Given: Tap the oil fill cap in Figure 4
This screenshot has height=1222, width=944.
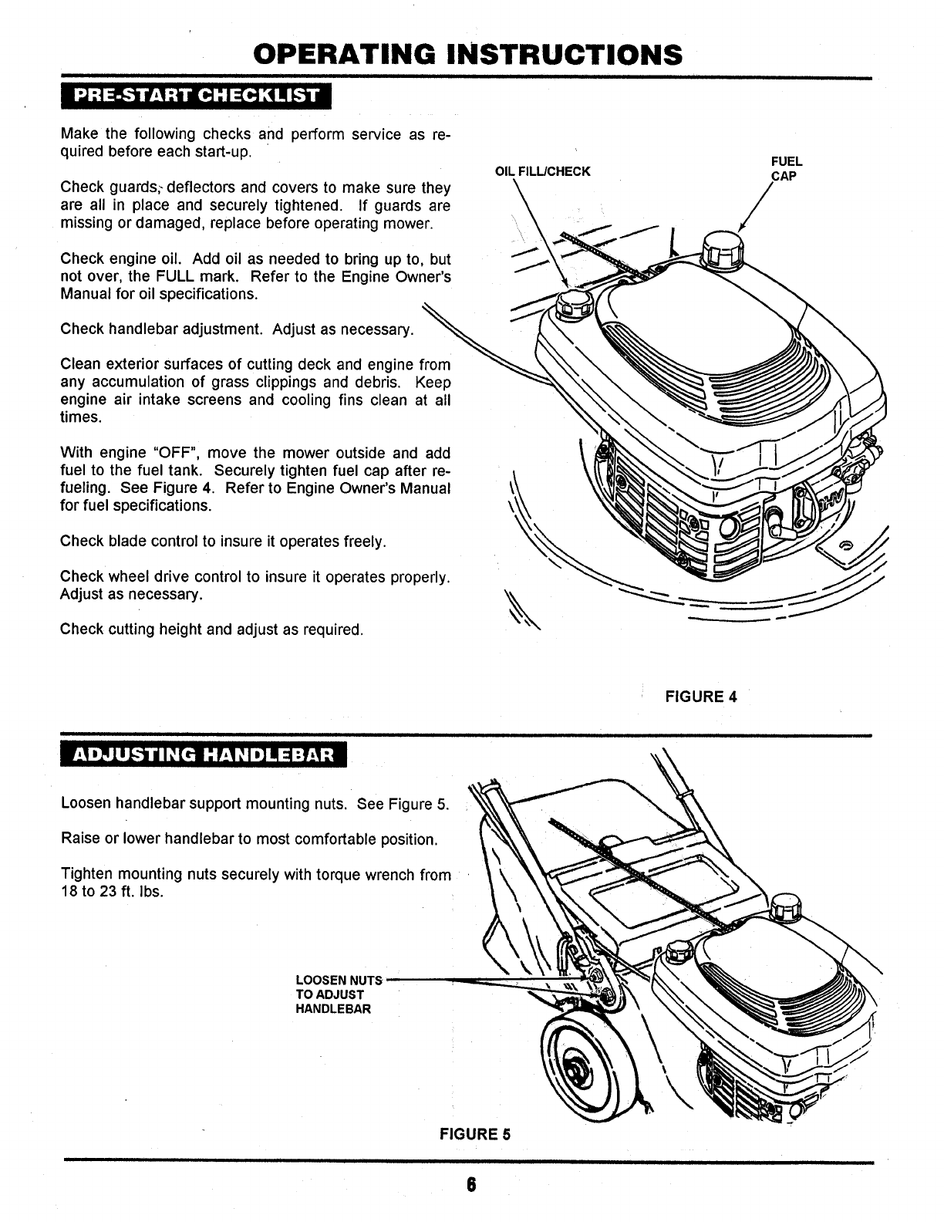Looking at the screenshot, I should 572,307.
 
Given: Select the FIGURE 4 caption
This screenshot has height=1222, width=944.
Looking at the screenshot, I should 701,697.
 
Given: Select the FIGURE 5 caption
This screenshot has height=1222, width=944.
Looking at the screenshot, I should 475,1134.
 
